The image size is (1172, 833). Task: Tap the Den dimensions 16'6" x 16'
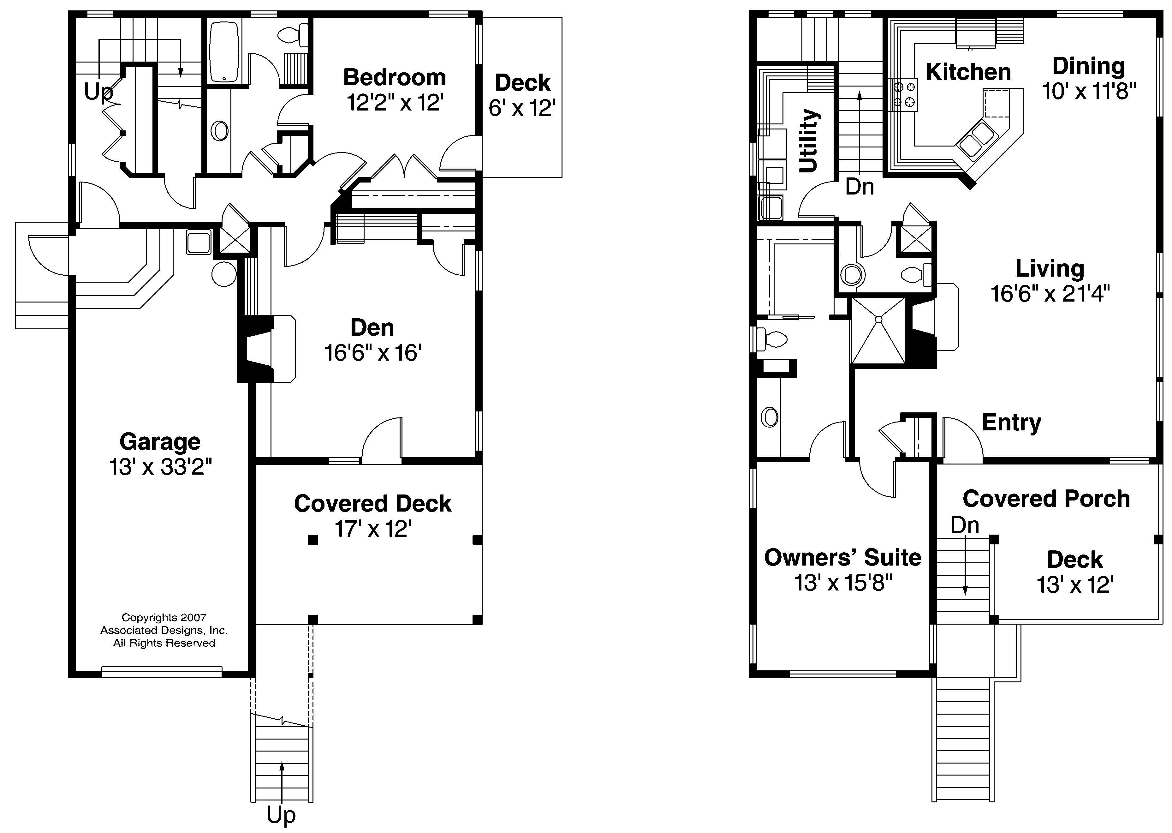coord(373,353)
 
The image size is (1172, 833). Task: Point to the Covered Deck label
coord(373,504)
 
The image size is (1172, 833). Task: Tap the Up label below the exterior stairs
coord(281,815)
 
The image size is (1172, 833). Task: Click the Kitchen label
coord(968,72)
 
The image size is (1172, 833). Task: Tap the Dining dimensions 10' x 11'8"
coord(1088,91)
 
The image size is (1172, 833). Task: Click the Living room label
coord(1050,269)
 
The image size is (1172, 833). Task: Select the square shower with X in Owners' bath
coord(878,331)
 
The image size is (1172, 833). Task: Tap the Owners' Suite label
coord(842,558)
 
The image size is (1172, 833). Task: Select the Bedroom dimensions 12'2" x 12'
coord(395,103)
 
